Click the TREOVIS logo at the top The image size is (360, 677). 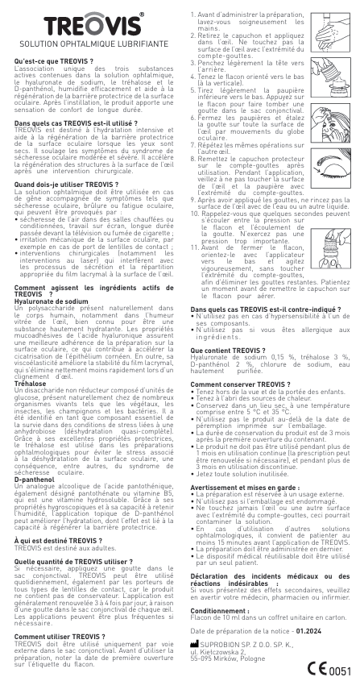(87, 20)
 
